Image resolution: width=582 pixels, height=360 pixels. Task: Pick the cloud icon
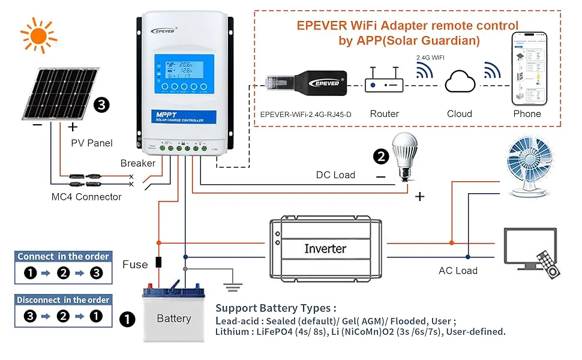[x=459, y=81]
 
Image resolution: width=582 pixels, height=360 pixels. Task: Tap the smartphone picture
[x=527, y=68]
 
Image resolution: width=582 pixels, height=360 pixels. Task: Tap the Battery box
[x=173, y=314]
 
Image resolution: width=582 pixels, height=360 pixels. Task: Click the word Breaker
[x=137, y=163]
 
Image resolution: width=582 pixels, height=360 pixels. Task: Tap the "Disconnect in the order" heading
[x=63, y=300]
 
